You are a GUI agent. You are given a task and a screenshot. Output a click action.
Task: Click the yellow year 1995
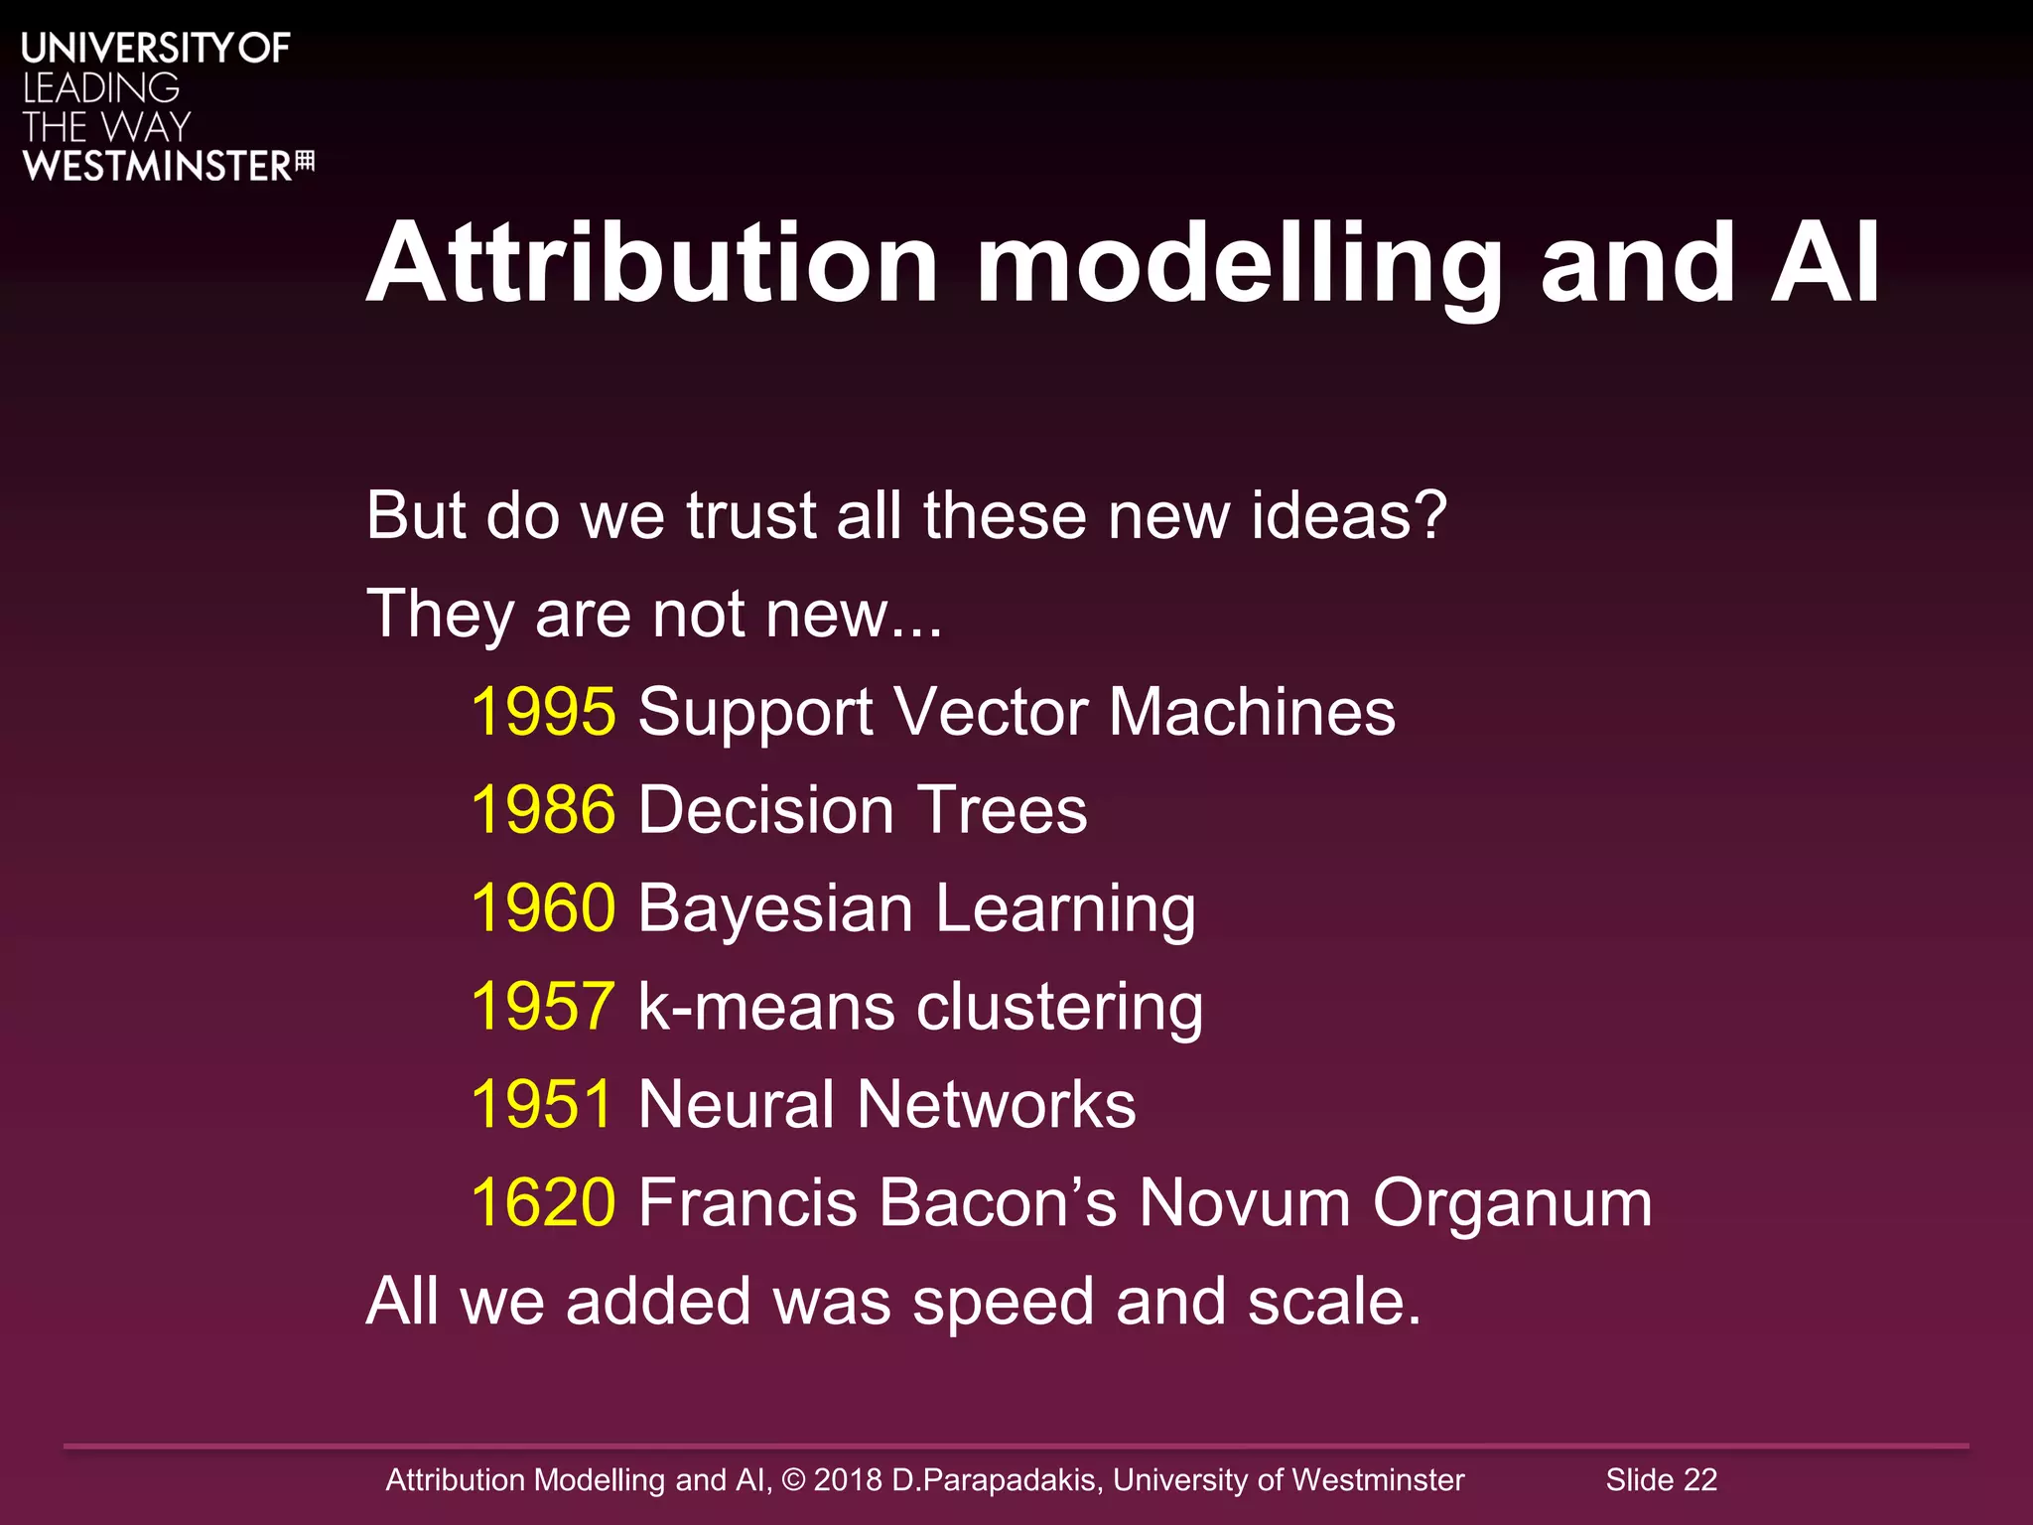tap(543, 712)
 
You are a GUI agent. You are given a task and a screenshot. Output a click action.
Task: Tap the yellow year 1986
tap(543, 810)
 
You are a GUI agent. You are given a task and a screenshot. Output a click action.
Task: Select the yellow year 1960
tap(543, 907)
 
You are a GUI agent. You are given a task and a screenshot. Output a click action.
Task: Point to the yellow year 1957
tap(543, 1006)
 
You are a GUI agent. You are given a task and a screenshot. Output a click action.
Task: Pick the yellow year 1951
tap(543, 1104)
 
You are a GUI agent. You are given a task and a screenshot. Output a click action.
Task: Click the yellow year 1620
tap(543, 1202)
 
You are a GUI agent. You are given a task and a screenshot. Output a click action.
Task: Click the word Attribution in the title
tap(652, 264)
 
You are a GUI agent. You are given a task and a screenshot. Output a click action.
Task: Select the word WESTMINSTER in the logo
tap(157, 167)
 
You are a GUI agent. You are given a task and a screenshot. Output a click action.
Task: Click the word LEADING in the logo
tap(100, 88)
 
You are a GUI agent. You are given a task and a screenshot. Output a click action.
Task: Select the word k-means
tap(766, 1007)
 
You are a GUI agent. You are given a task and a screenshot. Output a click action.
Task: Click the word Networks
tap(996, 1104)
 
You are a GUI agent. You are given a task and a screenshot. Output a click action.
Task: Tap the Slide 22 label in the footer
tap(1661, 1479)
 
